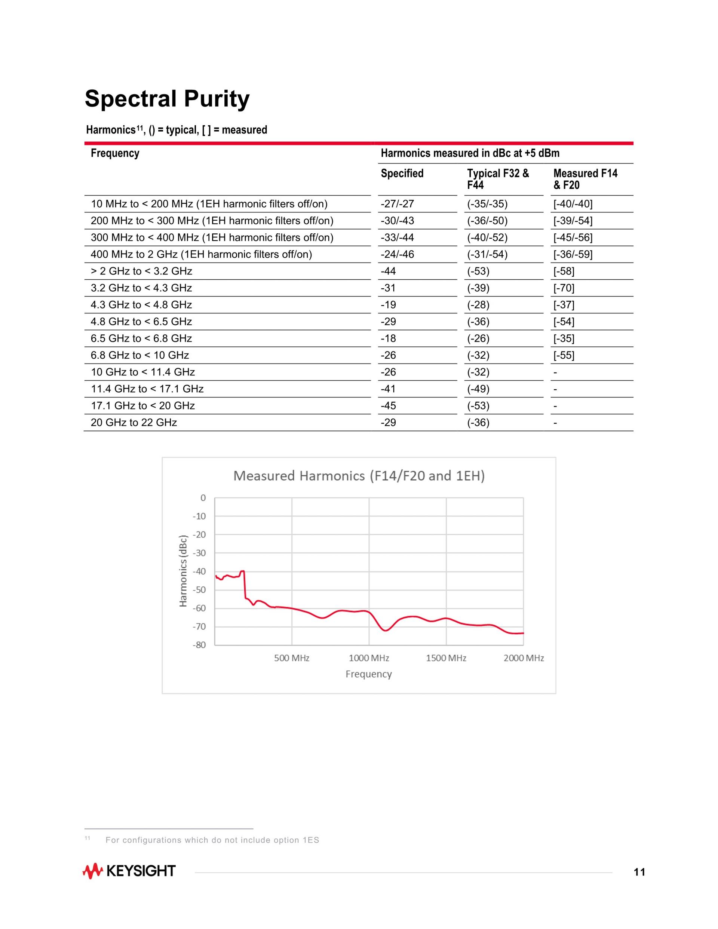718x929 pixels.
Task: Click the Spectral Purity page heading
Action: (167, 99)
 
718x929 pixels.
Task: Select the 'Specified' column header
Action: (402, 174)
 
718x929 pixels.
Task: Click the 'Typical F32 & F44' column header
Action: (498, 179)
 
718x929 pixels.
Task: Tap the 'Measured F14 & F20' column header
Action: (585, 179)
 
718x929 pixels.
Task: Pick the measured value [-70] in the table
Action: (564, 288)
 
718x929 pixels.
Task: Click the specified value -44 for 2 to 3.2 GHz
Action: (388, 272)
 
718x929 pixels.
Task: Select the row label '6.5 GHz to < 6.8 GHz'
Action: (141, 338)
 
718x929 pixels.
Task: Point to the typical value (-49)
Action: (478, 389)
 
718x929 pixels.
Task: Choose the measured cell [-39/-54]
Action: (573, 221)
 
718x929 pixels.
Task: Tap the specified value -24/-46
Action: (397, 254)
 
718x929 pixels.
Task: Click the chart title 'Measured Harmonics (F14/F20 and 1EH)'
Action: (359, 476)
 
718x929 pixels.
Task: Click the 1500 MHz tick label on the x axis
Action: (446, 658)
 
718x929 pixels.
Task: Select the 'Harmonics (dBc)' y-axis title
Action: (183, 570)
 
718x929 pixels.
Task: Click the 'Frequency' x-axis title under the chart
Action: (368, 674)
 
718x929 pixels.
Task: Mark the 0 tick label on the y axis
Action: (203, 498)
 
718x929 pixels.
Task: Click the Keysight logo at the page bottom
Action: (129, 871)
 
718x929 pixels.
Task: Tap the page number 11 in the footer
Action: (639, 873)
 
